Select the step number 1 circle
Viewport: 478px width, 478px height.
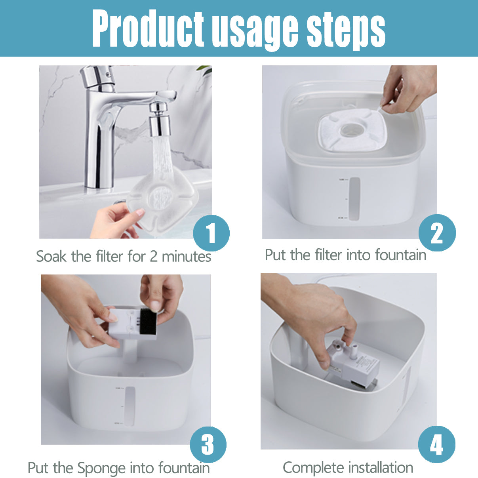tap(211, 233)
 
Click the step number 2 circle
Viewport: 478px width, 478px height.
tap(437, 233)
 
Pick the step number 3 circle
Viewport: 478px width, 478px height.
tap(208, 444)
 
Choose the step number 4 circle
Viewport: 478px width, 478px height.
tap(436, 444)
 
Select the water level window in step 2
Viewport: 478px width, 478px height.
tap(354, 198)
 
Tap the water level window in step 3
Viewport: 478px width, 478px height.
tap(129, 406)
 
